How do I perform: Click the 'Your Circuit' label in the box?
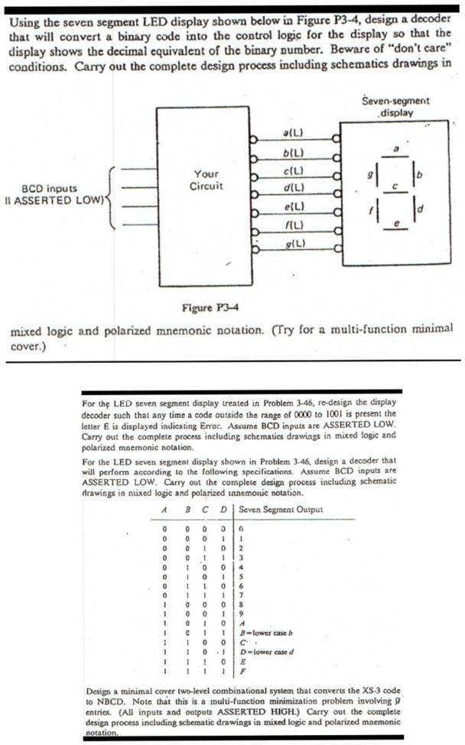[x=207, y=180]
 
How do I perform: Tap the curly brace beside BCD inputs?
[x=109, y=199]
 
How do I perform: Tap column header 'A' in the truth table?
[x=165, y=510]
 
